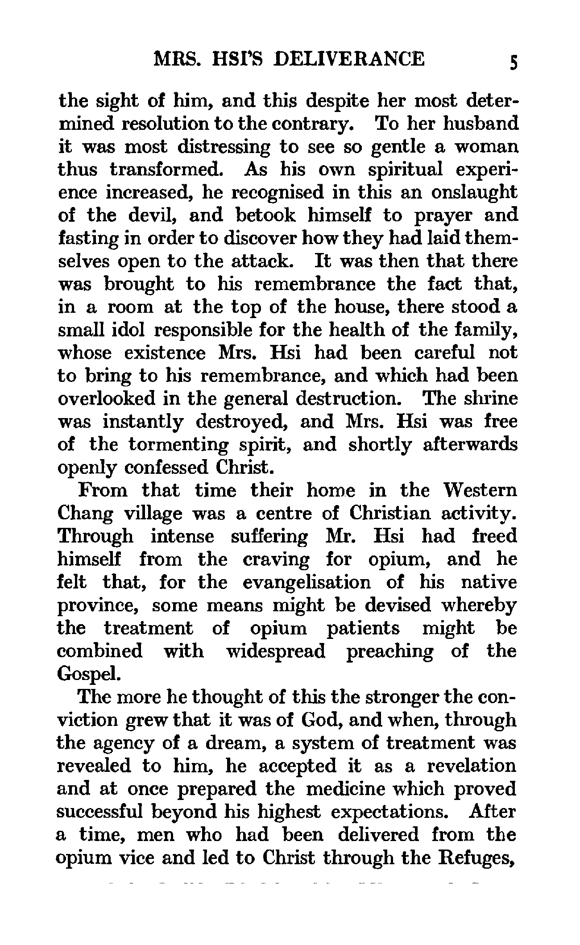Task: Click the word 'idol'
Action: point(130,330)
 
